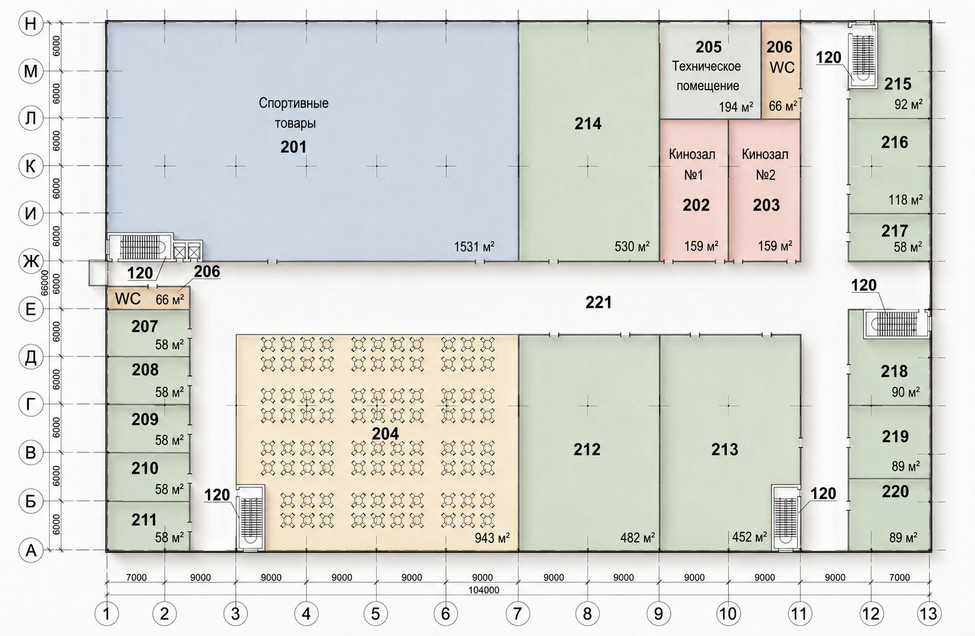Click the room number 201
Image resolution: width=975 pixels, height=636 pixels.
coord(293,148)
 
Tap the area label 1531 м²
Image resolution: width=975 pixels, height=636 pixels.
coord(474,247)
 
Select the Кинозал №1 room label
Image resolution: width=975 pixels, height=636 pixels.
coord(692,164)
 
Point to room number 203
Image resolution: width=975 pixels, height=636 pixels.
coord(766,205)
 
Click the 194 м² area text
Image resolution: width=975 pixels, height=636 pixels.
coord(736,107)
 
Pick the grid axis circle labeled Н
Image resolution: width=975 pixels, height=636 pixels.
coord(30,23)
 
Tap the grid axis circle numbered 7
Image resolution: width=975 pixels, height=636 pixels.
coord(517,613)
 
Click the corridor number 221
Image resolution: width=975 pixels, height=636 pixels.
coord(599,303)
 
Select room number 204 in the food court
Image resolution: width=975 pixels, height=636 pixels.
coord(386,434)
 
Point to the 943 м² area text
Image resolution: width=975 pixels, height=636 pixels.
coord(493,538)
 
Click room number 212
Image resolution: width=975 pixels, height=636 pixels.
coord(587,450)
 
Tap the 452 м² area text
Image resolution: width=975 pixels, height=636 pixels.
coord(749,537)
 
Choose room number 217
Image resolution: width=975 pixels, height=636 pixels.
coord(895,230)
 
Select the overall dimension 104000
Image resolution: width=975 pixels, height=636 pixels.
coord(484,590)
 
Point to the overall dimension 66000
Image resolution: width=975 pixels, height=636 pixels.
coord(44,283)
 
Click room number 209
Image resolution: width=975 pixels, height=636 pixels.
coord(145,419)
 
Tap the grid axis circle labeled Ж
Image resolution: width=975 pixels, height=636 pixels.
coord(30,261)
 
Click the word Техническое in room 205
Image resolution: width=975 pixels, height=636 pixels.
coord(706,67)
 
